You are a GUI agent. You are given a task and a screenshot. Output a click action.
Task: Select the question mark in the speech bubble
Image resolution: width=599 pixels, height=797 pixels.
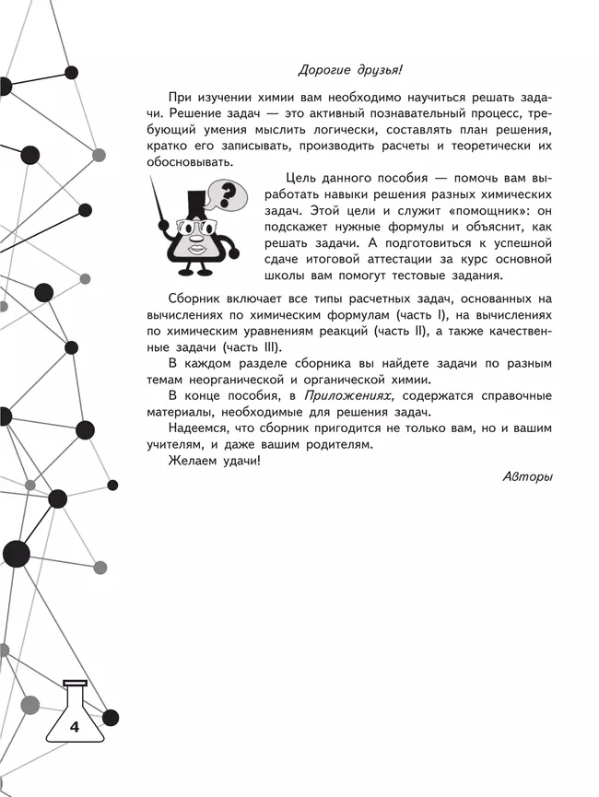229,194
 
